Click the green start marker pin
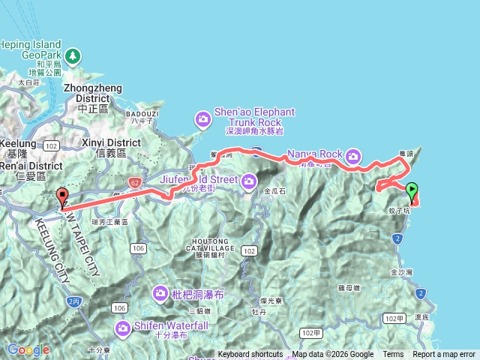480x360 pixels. point(412,191)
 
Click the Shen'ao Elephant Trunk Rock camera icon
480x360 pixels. point(202,118)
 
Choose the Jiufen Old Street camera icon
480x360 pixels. point(250,180)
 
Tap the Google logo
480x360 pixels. point(28,349)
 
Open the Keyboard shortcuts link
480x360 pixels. point(250,355)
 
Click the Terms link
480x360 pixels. point(393,355)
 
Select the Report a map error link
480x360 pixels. point(444,355)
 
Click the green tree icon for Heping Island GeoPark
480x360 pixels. point(72,55)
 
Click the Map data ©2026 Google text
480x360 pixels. point(332,355)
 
